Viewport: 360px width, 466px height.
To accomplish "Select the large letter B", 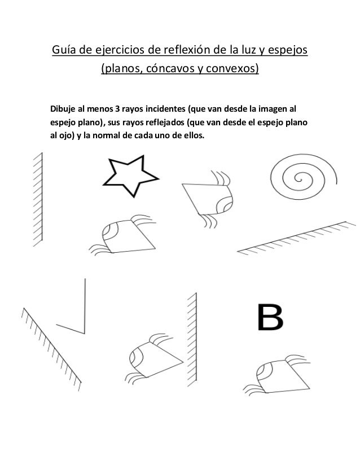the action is click(x=270, y=317).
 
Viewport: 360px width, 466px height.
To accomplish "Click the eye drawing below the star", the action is click(x=125, y=237).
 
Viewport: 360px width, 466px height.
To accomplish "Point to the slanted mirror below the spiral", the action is click(x=296, y=238).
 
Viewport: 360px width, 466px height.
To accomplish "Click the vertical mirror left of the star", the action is click(x=38, y=199).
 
